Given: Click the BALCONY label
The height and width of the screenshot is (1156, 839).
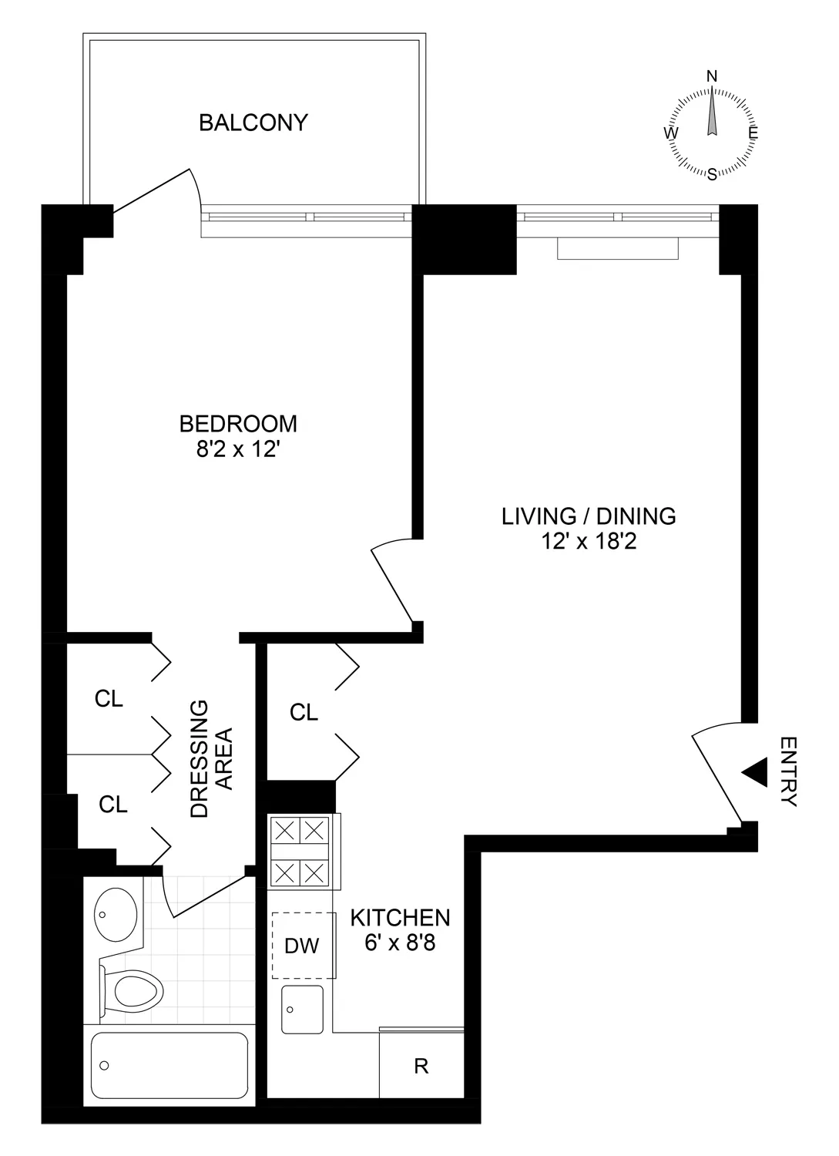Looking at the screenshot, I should (x=253, y=123).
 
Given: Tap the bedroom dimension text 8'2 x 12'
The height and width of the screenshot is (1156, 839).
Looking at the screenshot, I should (x=237, y=449).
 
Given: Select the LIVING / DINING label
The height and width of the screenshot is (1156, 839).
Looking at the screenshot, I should (x=589, y=516).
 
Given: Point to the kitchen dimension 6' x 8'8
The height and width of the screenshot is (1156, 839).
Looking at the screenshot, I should (x=400, y=943).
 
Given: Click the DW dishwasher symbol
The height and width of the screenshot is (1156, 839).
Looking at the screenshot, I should (x=302, y=945).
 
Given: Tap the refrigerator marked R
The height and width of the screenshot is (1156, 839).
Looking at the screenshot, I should (x=421, y=1066).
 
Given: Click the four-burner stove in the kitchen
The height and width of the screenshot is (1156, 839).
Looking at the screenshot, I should (x=300, y=852).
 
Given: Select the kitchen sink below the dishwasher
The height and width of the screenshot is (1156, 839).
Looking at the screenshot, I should (x=303, y=1009).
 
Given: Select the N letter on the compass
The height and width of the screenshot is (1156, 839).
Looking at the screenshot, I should (x=712, y=76).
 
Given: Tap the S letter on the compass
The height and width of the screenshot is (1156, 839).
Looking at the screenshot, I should (x=712, y=173).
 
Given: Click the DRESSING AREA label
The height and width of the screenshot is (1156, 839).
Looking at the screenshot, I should (x=210, y=758).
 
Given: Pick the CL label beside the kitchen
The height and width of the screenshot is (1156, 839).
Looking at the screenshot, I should (x=304, y=713).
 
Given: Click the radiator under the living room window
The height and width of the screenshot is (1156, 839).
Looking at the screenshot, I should (x=618, y=249).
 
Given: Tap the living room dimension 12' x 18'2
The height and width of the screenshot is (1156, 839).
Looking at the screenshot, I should (x=589, y=542).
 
